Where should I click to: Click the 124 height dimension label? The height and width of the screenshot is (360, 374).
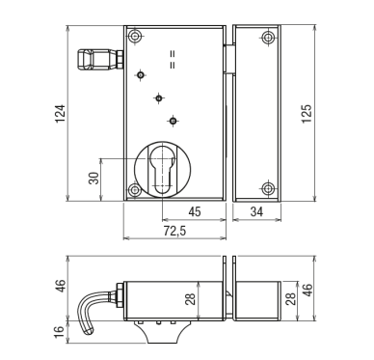point(61,113)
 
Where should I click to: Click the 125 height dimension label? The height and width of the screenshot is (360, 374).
point(307,113)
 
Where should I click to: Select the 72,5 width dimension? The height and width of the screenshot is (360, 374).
point(174,231)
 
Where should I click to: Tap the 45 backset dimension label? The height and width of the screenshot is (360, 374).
point(195,212)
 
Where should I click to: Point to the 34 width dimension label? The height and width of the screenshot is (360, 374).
point(256,212)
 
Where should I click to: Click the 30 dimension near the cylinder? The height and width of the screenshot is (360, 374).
point(93,178)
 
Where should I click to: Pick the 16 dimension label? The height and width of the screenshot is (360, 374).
point(59,332)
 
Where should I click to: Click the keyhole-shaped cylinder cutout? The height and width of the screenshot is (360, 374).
point(163,170)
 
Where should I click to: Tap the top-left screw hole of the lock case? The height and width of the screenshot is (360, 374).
point(135,36)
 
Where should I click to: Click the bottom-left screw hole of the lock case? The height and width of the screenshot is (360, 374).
point(135,189)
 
